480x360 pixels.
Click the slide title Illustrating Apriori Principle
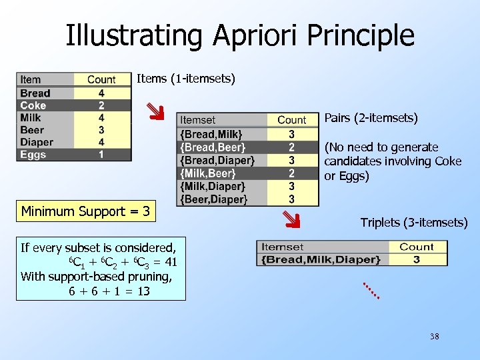tap(240, 35)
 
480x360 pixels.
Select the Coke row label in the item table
tap(33, 105)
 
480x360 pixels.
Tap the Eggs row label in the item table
tap(33, 155)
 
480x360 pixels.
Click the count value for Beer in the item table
tap(101, 130)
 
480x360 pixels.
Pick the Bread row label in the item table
tap(35, 93)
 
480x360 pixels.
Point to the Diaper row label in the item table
tap(37, 142)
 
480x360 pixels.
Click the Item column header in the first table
tap(30, 80)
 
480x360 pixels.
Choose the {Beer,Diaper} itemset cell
tap(213, 199)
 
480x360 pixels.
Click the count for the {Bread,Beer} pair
tap(291, 147)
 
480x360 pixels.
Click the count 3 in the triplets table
tap(416, 259)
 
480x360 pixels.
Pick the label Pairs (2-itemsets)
tap(371, 119)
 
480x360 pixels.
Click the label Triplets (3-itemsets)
tap(414, 223)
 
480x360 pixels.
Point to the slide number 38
tap(435, 337)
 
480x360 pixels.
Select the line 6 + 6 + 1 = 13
tap(109, 291)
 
